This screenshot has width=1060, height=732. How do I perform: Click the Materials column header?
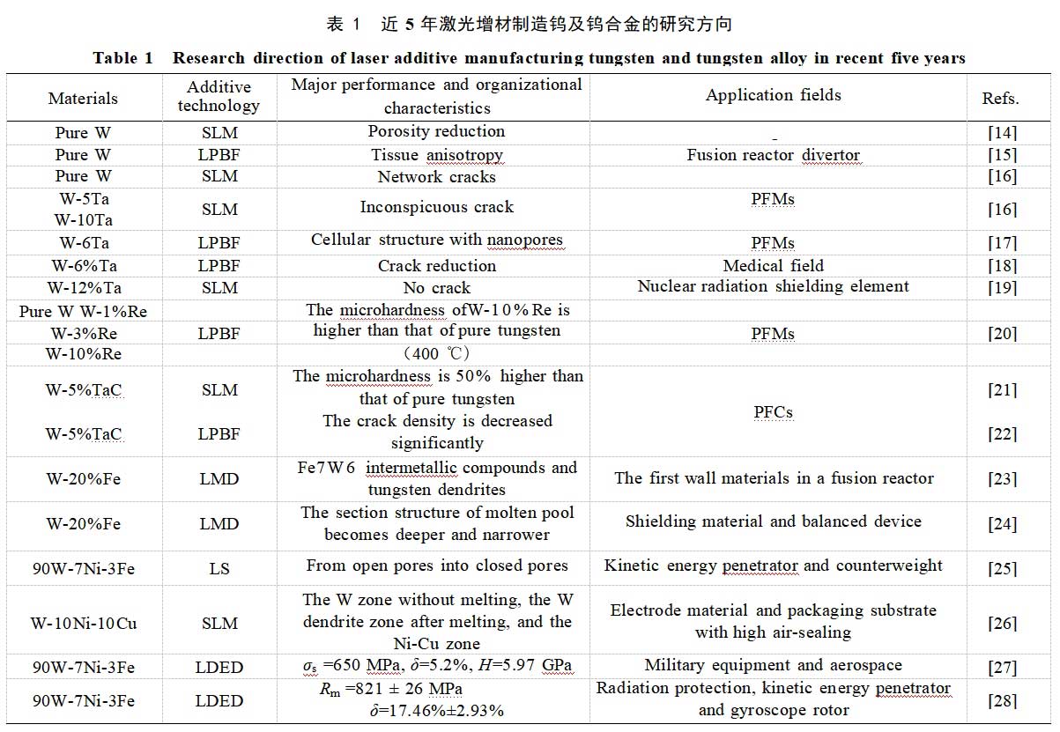pyautogui.click(x=83, y=99)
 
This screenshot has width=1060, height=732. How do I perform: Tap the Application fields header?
pyautogui.click(x=773, y=95)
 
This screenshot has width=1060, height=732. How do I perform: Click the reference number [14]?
pyautogui.click(x=1002, y=133)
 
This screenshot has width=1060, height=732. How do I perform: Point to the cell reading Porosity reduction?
pyautogui.click(x=436, y=131)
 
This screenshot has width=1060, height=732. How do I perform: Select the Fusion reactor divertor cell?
pyautogui.click(x=773, y=155)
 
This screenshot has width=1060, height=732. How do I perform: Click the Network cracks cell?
pyautogui.click(x=436, y=176)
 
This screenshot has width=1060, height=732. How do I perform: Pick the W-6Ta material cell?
pyautogui.click(x=85, y=242)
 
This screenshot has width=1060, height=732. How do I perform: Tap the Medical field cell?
pyautogui.click(x=773, y=265)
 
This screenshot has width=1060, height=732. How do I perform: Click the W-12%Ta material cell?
pyautogui.click(x=85, y=287)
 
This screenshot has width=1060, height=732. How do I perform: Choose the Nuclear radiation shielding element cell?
pyautogui.click(x=773, y=286)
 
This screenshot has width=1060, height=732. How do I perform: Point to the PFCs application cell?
pyautogui.click(x=773, y=411)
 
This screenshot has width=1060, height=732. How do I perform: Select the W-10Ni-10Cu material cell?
pyautogui.click(x=85, y=624)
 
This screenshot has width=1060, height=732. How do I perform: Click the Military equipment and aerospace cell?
pyautogui.click(x=773, y=665)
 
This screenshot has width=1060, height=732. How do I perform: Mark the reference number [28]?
pyautogui.click(x=1002, y=701)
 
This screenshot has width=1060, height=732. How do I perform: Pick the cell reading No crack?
pyautogui.click(x=436, y=288)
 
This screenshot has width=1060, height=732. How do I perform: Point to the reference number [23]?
pyautogui.click(x=1002, y=479)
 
